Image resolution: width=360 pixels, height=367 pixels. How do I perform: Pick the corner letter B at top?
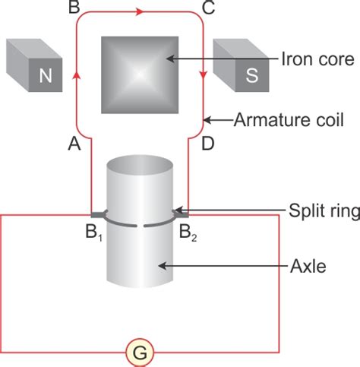pos(74,8)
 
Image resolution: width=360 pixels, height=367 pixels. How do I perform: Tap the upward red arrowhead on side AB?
pos(74,75)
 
